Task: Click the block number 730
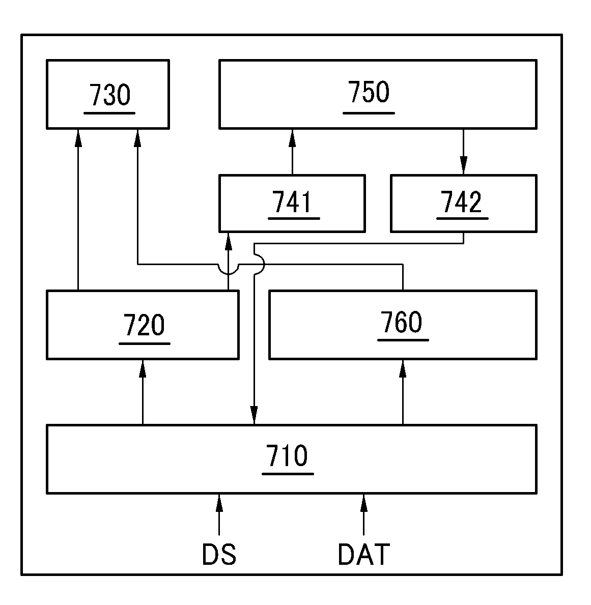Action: (x=110, y=95)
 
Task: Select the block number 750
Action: (x=369, y=92)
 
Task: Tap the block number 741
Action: (x=293, y=202)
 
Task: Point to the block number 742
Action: (x=462, y=202)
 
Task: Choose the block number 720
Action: (x=144, y=325)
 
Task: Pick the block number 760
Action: (x=402, y=322)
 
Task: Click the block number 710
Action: (x=287, y=455)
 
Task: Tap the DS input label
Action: (x=219, y=554)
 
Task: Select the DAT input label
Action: (x=363, y=554)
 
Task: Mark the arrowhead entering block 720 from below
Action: (x=143, y=367)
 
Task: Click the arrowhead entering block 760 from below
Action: (x=403, y=367)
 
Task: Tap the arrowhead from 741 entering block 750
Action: (x=292, y=136)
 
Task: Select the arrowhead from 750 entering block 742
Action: (x=463, y=166)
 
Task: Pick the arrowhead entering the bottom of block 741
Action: (x=229, y=240)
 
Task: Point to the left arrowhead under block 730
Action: (x=78, y=136)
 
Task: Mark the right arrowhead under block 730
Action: (x=137, y=136)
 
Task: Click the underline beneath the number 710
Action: (x=287, y=474)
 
